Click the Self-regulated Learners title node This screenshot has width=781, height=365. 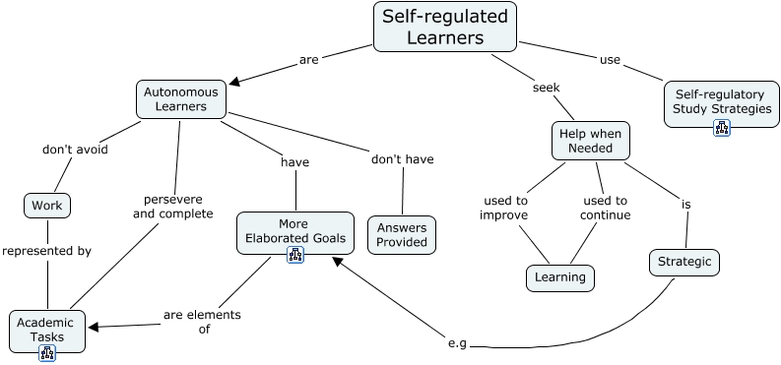(445, 27)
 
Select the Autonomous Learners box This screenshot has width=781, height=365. (180, 98)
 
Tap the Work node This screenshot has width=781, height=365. (46, 206)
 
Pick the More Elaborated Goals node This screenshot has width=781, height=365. (293, 229)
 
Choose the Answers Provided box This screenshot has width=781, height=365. (401, 234)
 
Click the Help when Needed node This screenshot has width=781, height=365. (591, 141)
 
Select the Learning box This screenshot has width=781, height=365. (560, 277)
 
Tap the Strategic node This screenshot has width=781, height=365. (684, 263)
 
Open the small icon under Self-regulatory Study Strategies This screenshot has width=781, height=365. (721, 127)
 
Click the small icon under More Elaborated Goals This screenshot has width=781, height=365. (294, 256)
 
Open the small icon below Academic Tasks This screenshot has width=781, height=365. (46, 353)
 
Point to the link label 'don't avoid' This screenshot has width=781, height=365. (75, 150)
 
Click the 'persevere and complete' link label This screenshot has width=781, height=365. (172, 205)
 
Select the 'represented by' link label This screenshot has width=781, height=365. (46, 251)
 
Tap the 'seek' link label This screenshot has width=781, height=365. (546, 87)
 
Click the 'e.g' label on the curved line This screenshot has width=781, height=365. (456, 343)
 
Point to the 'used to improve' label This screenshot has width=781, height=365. (504, 208)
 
